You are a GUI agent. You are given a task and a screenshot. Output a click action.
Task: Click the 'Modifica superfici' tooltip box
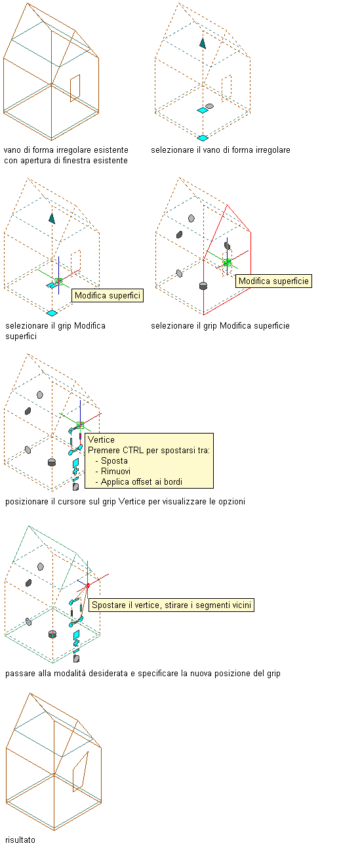coord(107,296)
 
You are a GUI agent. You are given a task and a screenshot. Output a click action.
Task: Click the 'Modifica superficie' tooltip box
coord(273,281)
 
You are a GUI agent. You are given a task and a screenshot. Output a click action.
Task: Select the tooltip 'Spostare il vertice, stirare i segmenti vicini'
coord(171,605)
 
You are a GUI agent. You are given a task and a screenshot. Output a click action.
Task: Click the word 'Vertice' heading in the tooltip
coord(101,439)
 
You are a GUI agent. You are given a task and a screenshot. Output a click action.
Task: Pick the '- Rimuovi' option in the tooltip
coord(113,472)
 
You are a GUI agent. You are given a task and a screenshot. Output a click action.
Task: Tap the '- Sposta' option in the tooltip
coord(111,460)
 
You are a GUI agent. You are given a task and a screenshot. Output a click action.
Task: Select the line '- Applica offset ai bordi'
coord(139,482)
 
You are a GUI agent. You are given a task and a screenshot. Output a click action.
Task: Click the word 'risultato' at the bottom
coord(20,840)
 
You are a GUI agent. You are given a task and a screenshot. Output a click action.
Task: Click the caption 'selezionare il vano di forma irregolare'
coord(220,150)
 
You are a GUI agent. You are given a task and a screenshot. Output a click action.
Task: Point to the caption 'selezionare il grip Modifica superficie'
coord(220,325)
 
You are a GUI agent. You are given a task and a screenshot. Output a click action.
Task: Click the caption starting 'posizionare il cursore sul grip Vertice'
coord(125,501)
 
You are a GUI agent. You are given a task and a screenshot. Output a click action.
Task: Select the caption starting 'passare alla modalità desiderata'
coord(142,673)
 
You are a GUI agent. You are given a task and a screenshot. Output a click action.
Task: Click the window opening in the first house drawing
coord(75,88)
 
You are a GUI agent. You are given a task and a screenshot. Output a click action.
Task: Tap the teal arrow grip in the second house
coord(203,43)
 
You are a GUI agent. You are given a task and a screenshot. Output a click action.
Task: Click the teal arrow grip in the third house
coord(52,218)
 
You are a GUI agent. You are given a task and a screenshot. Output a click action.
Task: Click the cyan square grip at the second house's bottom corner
coord(203,138)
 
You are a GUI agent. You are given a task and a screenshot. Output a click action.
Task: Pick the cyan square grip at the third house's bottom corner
coord(52,313)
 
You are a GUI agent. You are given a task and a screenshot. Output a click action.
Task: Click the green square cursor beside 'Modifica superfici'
coord(58,281)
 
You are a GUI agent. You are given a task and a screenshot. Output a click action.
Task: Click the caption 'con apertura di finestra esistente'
coord(66,161)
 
